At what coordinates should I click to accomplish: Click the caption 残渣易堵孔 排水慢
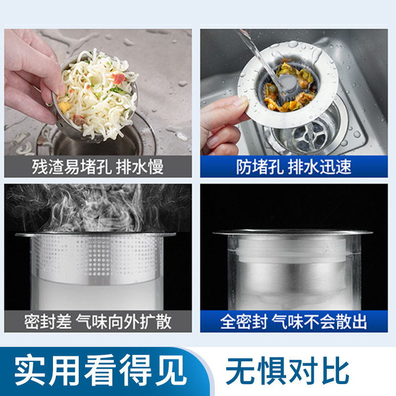coord(98,166)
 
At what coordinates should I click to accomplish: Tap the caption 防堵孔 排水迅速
coord(294,166)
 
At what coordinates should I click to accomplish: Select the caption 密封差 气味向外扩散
coord(98,322)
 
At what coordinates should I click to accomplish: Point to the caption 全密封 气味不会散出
coord(294,322)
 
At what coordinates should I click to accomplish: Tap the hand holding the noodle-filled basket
coord(30,74)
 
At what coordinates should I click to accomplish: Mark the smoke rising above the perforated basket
coord(94,208)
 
